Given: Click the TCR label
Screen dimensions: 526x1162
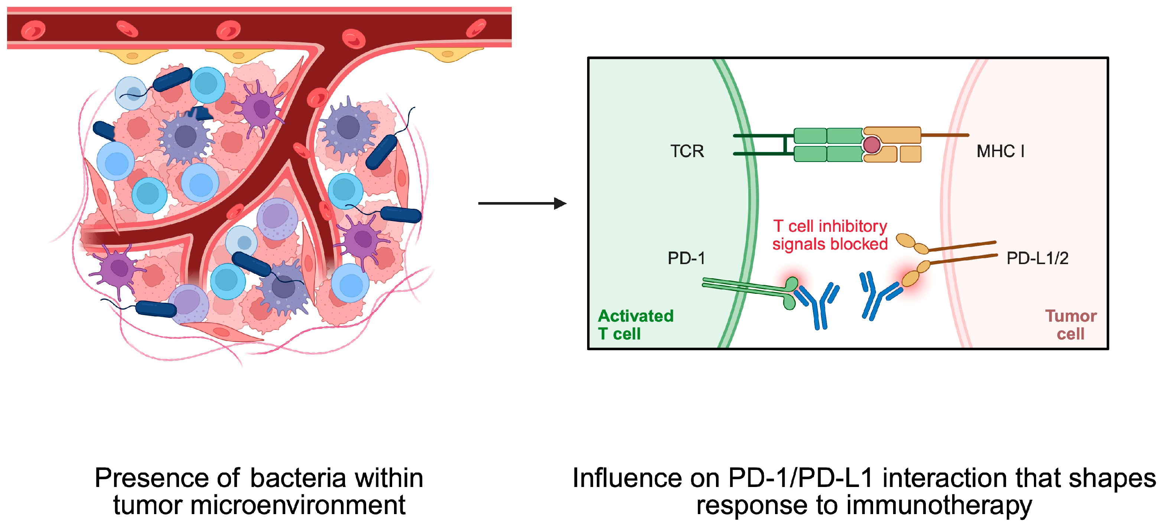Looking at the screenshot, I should [x=687, y=151].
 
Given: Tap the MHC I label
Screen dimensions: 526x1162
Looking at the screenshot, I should [x=1000, y=151].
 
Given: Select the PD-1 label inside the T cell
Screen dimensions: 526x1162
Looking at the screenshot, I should [x=686, y=258].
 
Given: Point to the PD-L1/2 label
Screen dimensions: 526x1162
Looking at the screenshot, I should [x=1037, y=258].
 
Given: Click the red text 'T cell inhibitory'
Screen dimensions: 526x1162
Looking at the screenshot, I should [x=830, y=226].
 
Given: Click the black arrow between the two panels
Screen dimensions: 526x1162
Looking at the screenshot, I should [x=522, y=204].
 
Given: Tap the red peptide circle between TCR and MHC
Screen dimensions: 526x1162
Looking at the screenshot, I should [x=871, y=145].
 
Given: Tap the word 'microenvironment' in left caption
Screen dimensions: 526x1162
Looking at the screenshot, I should [x=298, y=505].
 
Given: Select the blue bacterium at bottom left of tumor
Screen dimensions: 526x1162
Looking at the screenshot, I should [x=156, y=309].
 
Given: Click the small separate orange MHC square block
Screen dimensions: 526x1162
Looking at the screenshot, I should [x=910, y=154].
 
